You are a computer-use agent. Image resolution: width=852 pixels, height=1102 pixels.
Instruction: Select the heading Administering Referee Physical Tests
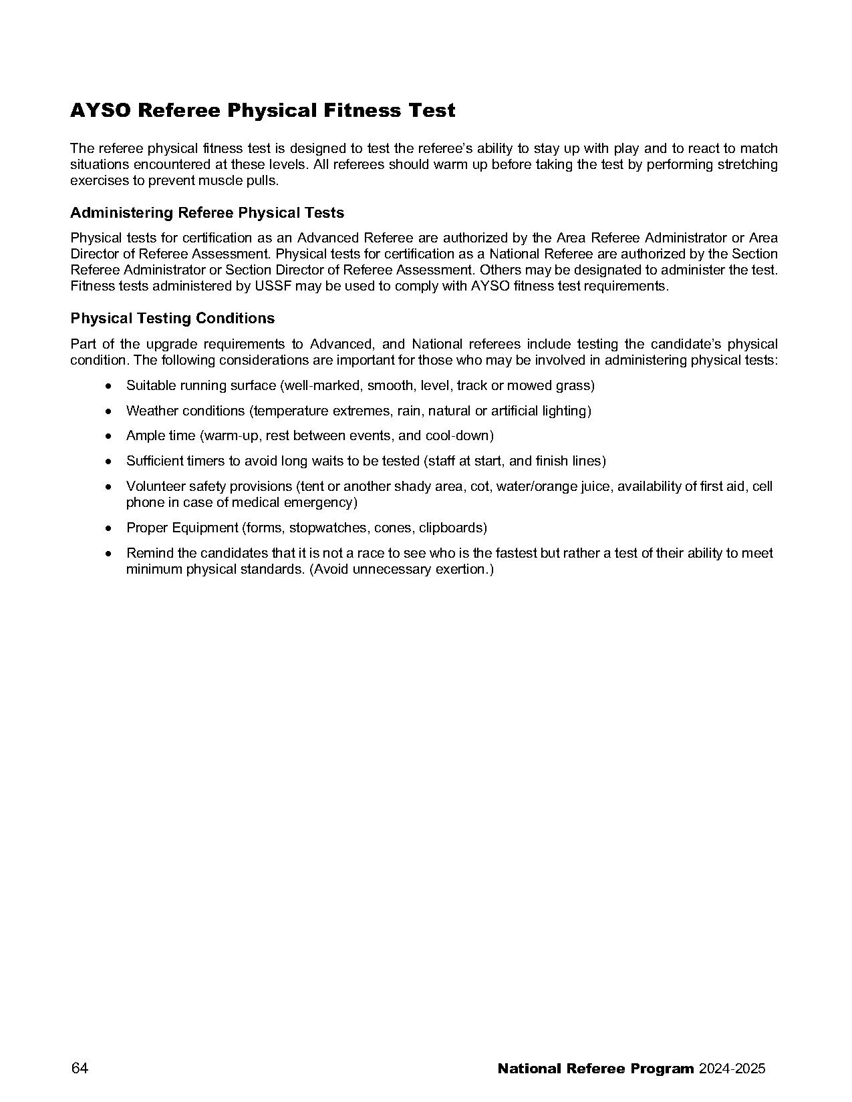pos(207,213)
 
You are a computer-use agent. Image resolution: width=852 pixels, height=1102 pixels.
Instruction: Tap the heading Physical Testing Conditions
pos(172,319)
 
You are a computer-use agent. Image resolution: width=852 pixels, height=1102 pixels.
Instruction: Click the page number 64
pos(80,1068)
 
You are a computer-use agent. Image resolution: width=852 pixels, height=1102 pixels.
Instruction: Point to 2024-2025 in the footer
pos(732,1069)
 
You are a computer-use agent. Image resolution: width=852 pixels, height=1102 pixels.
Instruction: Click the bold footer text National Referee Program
pos(595,1069)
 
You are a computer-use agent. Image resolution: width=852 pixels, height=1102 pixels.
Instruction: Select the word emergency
pos(323,503)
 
